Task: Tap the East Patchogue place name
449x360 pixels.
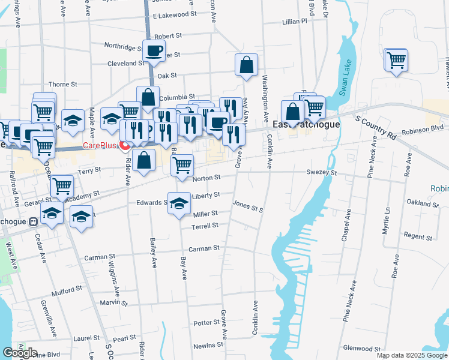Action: tap(306, 125)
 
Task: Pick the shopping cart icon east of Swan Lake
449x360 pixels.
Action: tap(396, 60)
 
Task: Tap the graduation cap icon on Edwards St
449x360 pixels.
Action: tap(179, 204)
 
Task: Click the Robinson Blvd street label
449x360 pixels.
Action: tap(423, 128)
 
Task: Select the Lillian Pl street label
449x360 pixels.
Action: tap(294, 21)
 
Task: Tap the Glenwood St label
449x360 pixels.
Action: tap(363, 348)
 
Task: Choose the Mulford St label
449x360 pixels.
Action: tap(66, 288)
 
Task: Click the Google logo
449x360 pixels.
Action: tap(19, 353)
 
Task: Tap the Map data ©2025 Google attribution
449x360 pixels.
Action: tap(411, 355)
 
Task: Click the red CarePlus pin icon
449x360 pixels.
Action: tap(125, 145)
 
